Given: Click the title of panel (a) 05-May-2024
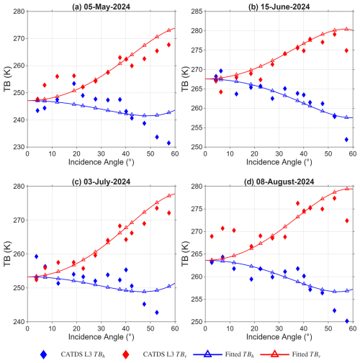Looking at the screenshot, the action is (101, 6).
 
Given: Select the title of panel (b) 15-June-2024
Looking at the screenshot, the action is (279, 6).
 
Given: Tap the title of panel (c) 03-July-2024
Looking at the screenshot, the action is (101, 181).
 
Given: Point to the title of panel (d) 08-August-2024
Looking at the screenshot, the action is (279, 181).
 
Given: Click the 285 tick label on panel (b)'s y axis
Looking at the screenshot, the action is (197, 12).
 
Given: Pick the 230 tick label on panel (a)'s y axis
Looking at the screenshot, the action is (19, 147).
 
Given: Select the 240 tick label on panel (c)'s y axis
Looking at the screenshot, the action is (19, 322).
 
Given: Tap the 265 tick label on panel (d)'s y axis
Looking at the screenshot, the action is (197, 254).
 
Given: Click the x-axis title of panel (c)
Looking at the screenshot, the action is (101, 337).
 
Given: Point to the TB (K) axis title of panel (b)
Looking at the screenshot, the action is (185, 79).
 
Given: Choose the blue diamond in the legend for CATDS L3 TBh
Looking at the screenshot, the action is (43, 354).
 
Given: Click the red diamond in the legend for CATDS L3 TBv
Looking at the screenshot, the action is (125, 354).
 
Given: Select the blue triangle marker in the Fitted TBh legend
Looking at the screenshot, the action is (208, 354).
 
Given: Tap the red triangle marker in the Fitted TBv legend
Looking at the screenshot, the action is (275, 354).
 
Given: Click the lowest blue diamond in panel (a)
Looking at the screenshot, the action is (168, 143).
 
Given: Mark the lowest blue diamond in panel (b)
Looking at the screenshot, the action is (346, 140).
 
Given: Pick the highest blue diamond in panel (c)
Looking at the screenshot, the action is (36, 256).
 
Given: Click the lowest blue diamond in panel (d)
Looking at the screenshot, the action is (347, 321).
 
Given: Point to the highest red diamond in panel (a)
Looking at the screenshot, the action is (168, 45).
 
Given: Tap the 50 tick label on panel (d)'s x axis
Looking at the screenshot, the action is (328, 328).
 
